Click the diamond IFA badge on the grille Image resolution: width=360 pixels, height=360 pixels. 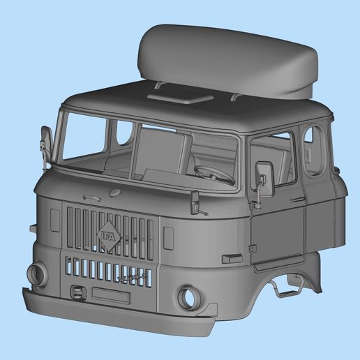coord(110,234)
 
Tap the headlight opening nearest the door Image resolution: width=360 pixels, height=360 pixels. coord(188,298)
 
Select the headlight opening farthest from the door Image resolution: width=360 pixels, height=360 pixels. coord(38,273)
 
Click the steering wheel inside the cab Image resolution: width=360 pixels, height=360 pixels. coord(213,173)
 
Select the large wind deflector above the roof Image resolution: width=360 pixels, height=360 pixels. coord(226,60)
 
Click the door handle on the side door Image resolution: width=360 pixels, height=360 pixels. coord(299,200)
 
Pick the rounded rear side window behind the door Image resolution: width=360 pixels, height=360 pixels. coord(313,149)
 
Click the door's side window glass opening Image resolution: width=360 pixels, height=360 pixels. coord(273,162)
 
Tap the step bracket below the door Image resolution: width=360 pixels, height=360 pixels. coord(286,286)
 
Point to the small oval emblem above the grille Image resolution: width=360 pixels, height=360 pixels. coord(115,193)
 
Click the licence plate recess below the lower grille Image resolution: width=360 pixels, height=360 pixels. coord(110,295)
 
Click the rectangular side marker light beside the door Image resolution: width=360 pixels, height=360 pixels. coord(232,259)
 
